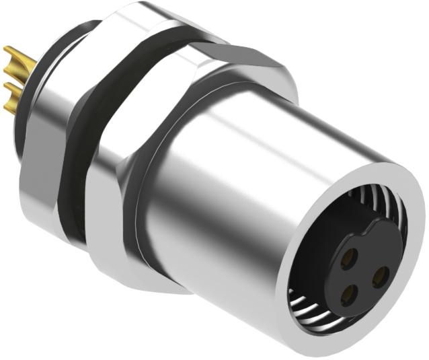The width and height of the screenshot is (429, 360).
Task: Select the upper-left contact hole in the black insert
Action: (x=350, y=256)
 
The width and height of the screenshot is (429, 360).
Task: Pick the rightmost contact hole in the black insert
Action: (x=380, y=274)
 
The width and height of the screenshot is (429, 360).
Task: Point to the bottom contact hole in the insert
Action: (x=348, y=293)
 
